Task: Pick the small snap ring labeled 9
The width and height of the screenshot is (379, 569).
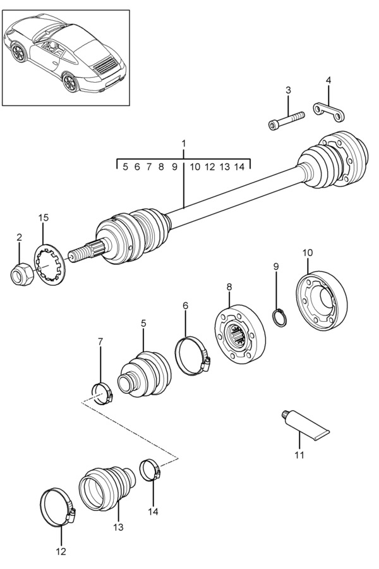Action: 279,316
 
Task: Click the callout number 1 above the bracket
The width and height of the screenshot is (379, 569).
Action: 184,144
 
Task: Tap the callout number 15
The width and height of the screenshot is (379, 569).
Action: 43,218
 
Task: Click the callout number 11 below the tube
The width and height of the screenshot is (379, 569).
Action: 299,455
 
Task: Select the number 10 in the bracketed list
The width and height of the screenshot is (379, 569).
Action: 195,167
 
